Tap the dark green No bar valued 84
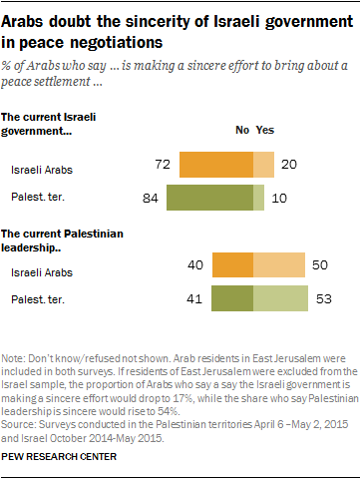click(x=209, y=198)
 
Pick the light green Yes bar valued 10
click(x=259, y=198)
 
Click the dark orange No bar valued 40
click(x=233, y=264)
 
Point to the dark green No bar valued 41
click(x=233, y=298)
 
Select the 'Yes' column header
click(x=265, y=130)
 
